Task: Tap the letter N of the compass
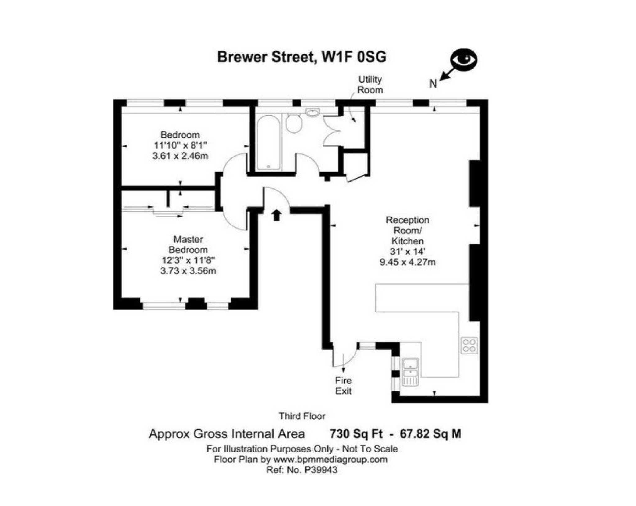[x=433, y=84]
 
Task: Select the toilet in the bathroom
[x=294, y=123]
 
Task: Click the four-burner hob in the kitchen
[x=469, y=345]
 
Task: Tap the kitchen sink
[x=410, y=372]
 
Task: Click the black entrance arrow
[x=276, y=215]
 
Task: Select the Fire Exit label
[x=343, y=386]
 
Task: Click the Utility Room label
[x=370, y=85]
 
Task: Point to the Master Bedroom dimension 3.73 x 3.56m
[x=188, y=271]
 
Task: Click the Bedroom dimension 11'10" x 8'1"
[x=180, y=145]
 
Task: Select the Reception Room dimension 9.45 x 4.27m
[x=407, y=262]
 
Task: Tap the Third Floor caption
[x=302, y=416]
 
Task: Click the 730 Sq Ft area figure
[x=356, y=434]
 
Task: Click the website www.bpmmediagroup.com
[x=330, y=459]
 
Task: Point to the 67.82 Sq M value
[x=430, y=434]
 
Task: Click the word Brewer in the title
[x=242, y=57]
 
